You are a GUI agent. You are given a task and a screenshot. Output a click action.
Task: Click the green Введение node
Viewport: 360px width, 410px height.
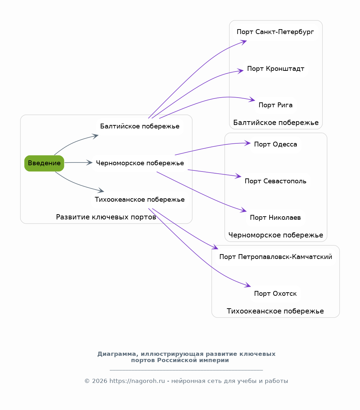[x=44, y=163]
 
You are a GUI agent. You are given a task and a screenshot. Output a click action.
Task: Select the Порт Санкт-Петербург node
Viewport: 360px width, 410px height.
[x=276, y=32]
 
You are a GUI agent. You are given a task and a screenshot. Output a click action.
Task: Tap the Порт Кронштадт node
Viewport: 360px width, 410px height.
[x=276, y=69]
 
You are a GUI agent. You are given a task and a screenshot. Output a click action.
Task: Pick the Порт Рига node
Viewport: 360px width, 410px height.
[x=276, y=105]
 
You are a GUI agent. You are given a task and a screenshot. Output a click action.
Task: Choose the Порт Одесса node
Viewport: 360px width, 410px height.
[x=276, y=144]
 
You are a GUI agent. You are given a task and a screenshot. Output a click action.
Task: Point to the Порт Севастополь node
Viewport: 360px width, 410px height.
[x=276, y=181]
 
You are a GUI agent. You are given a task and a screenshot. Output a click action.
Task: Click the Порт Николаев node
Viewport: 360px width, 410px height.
[x=276, y=218]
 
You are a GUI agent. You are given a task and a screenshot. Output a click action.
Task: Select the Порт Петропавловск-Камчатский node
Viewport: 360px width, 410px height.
[x=276, y=257]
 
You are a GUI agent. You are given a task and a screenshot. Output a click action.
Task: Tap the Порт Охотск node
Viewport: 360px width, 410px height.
[x=276, y=294]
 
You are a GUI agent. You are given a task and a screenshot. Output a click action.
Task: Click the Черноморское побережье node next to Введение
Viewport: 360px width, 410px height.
[x=140, y=163]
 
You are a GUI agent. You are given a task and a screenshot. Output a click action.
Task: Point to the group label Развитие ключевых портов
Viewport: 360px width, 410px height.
[x=106, y=217]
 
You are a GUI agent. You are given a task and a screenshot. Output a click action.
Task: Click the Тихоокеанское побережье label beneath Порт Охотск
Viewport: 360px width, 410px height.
[x=276, y=311]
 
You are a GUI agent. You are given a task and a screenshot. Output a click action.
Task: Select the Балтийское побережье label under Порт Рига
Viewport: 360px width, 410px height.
[x=276, y=123]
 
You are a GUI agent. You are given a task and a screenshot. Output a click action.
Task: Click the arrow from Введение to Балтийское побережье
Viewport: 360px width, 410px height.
[x=75, y=142]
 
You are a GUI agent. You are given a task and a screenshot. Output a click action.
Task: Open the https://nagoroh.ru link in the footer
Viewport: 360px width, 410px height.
[x=137, y=381]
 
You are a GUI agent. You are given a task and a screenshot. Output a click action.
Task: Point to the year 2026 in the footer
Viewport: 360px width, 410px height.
[x=100, y=381]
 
